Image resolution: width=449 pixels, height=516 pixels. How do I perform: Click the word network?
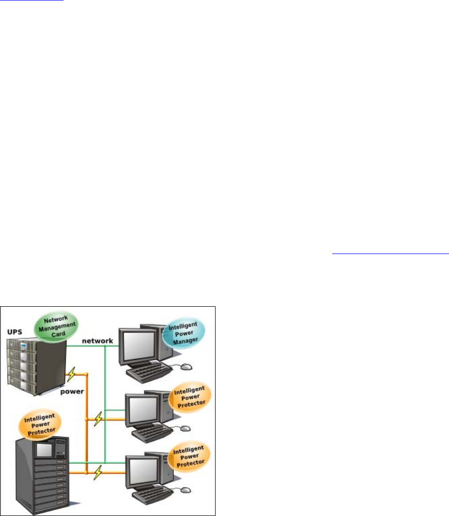[97, 341]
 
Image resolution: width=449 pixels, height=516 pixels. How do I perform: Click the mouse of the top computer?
[185, 366]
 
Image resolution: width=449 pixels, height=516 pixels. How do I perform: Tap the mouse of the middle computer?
[185, 428]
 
